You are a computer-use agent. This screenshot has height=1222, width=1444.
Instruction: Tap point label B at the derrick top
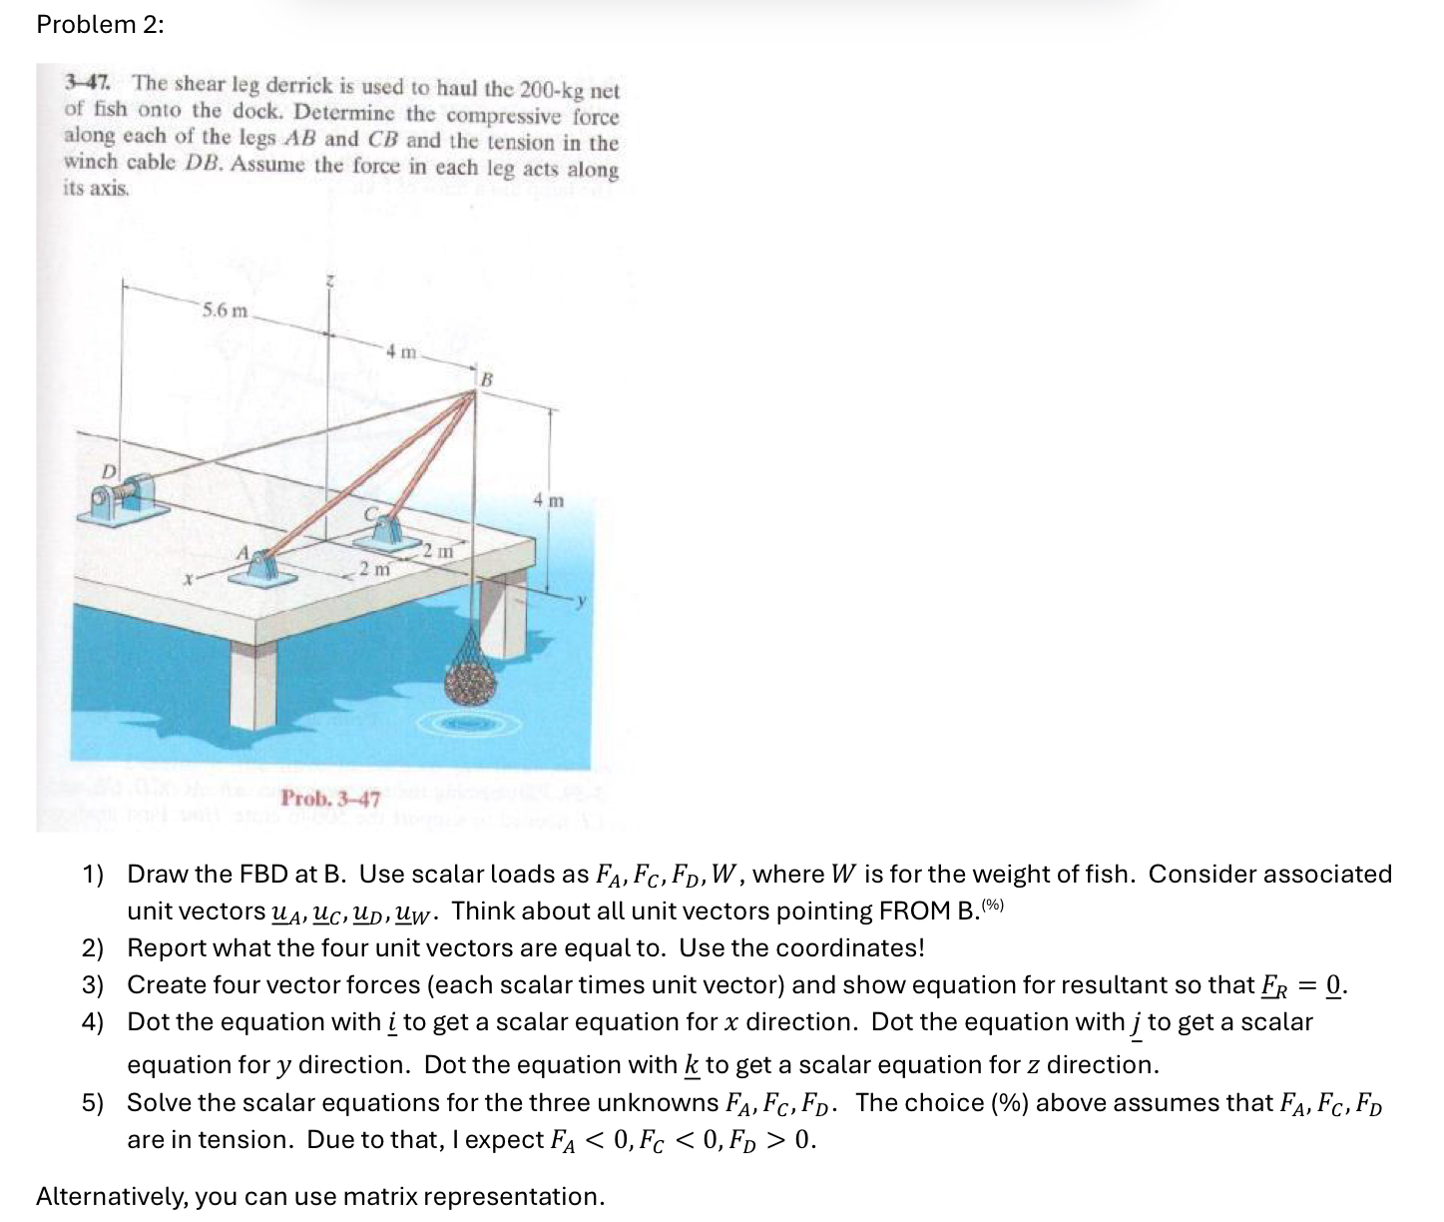(487, 379)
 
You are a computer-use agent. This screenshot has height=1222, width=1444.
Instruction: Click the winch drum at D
(123, 496)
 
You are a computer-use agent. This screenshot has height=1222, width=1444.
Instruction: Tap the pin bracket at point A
(261, 571)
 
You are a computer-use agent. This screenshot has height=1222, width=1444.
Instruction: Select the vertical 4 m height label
(548, 499)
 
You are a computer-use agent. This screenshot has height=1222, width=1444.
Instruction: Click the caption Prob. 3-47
(330, 799)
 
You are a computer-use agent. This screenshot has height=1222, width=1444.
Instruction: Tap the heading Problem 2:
(100, 25)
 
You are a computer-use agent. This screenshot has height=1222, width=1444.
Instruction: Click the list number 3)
(93, 985)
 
